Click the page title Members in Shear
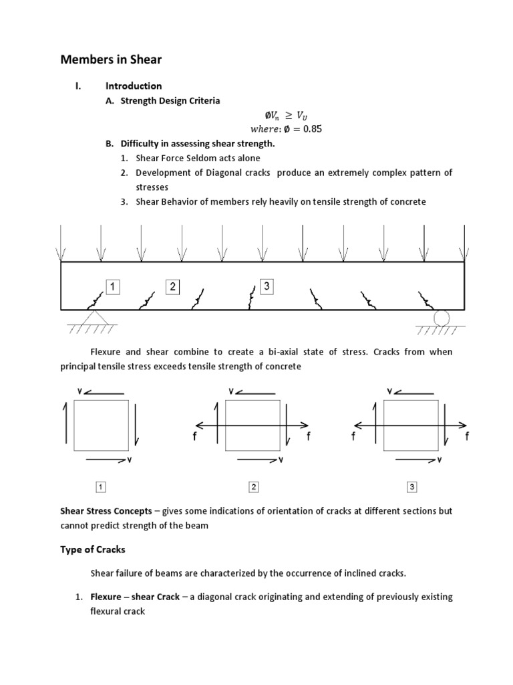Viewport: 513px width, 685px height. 111,60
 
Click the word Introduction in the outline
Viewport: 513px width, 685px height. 134,86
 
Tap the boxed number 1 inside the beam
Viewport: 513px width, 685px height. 112,287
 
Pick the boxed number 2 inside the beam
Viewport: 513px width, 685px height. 173,287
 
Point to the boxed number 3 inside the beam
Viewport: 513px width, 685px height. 267,286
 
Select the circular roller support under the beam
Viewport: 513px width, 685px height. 441,317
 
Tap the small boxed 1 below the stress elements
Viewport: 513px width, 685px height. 101,486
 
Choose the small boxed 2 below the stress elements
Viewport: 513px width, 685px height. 253,486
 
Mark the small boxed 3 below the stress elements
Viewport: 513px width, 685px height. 411,486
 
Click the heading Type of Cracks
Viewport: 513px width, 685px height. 93,550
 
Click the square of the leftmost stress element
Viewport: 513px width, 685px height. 100,425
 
